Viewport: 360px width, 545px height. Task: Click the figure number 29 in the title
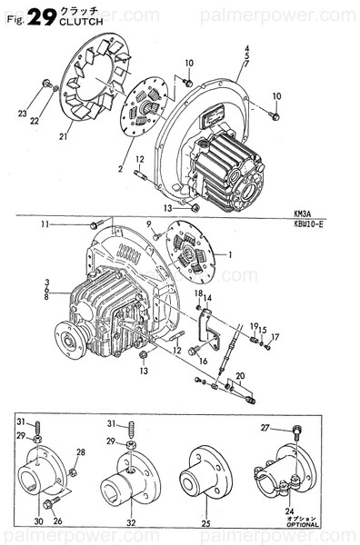pyautogui.click(x=42, y=15)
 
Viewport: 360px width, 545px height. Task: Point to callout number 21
pyautogui.click(x=64, y=137)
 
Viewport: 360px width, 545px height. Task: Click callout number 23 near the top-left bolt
pyautogui.click(x=23, y=114)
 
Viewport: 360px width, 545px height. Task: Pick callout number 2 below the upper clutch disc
pyautogui.click(x=119, y=169)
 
